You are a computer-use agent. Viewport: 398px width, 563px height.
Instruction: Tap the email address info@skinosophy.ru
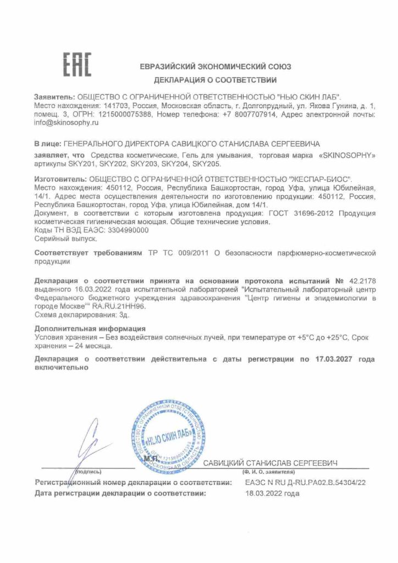(x=65, y=124)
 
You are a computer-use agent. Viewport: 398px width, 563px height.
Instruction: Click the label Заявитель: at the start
(x=53, y=96)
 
